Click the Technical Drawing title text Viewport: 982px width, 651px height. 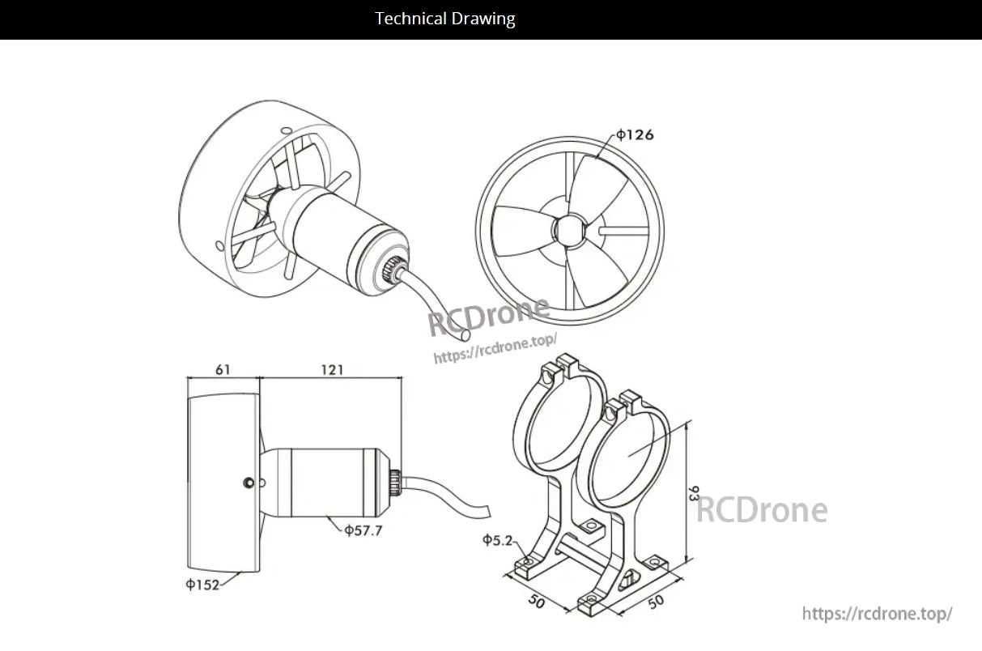pos(445,19)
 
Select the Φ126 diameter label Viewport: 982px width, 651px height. pos(635,134)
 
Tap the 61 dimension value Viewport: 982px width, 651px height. pos(223,370)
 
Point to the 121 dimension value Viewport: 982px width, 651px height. pos(332,370)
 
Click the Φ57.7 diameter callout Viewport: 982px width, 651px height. pos(363,530)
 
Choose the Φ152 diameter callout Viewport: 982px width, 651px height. pos(202,585)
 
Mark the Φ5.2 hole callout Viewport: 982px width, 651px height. pos(498,540)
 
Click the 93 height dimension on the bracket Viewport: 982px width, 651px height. pos(694,493)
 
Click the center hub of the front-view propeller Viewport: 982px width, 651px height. pos(569,230)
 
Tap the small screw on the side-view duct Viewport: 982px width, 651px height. pos(249,483)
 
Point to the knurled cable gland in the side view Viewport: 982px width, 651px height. pos(395,483)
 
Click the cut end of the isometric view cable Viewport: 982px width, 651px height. pos(465,335)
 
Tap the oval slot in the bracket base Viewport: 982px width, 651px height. pos(627,580)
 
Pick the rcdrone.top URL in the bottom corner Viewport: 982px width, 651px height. pos(877,614)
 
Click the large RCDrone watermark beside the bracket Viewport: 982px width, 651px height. pos(762,510)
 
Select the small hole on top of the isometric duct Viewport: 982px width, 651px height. pos(287,130)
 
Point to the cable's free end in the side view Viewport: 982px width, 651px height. pos(487,512)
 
